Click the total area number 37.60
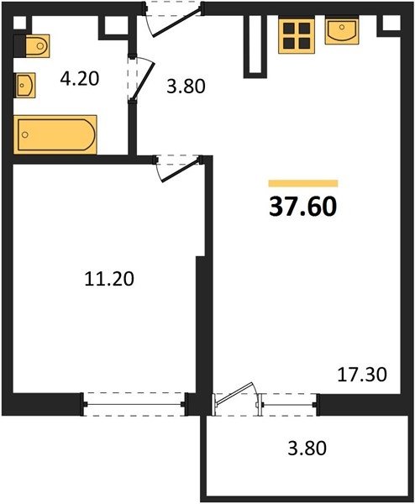[302, 207]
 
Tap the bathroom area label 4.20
[80, 79]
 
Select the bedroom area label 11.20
[109, 279]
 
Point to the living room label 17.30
[362, 375]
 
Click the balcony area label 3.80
[307, 448]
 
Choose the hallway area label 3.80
[186, 87]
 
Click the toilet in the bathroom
[37, 46]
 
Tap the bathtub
[55, 134]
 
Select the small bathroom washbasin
[24, 85]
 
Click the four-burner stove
[297, 34]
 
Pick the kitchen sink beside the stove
[342, 30]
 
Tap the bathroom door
[142, 78]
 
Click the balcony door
[235, 397]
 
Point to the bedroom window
[134, 404]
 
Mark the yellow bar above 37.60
[303, 183]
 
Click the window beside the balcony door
[289, 404]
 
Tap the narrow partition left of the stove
[255, 46]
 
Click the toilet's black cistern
[19, 46]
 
